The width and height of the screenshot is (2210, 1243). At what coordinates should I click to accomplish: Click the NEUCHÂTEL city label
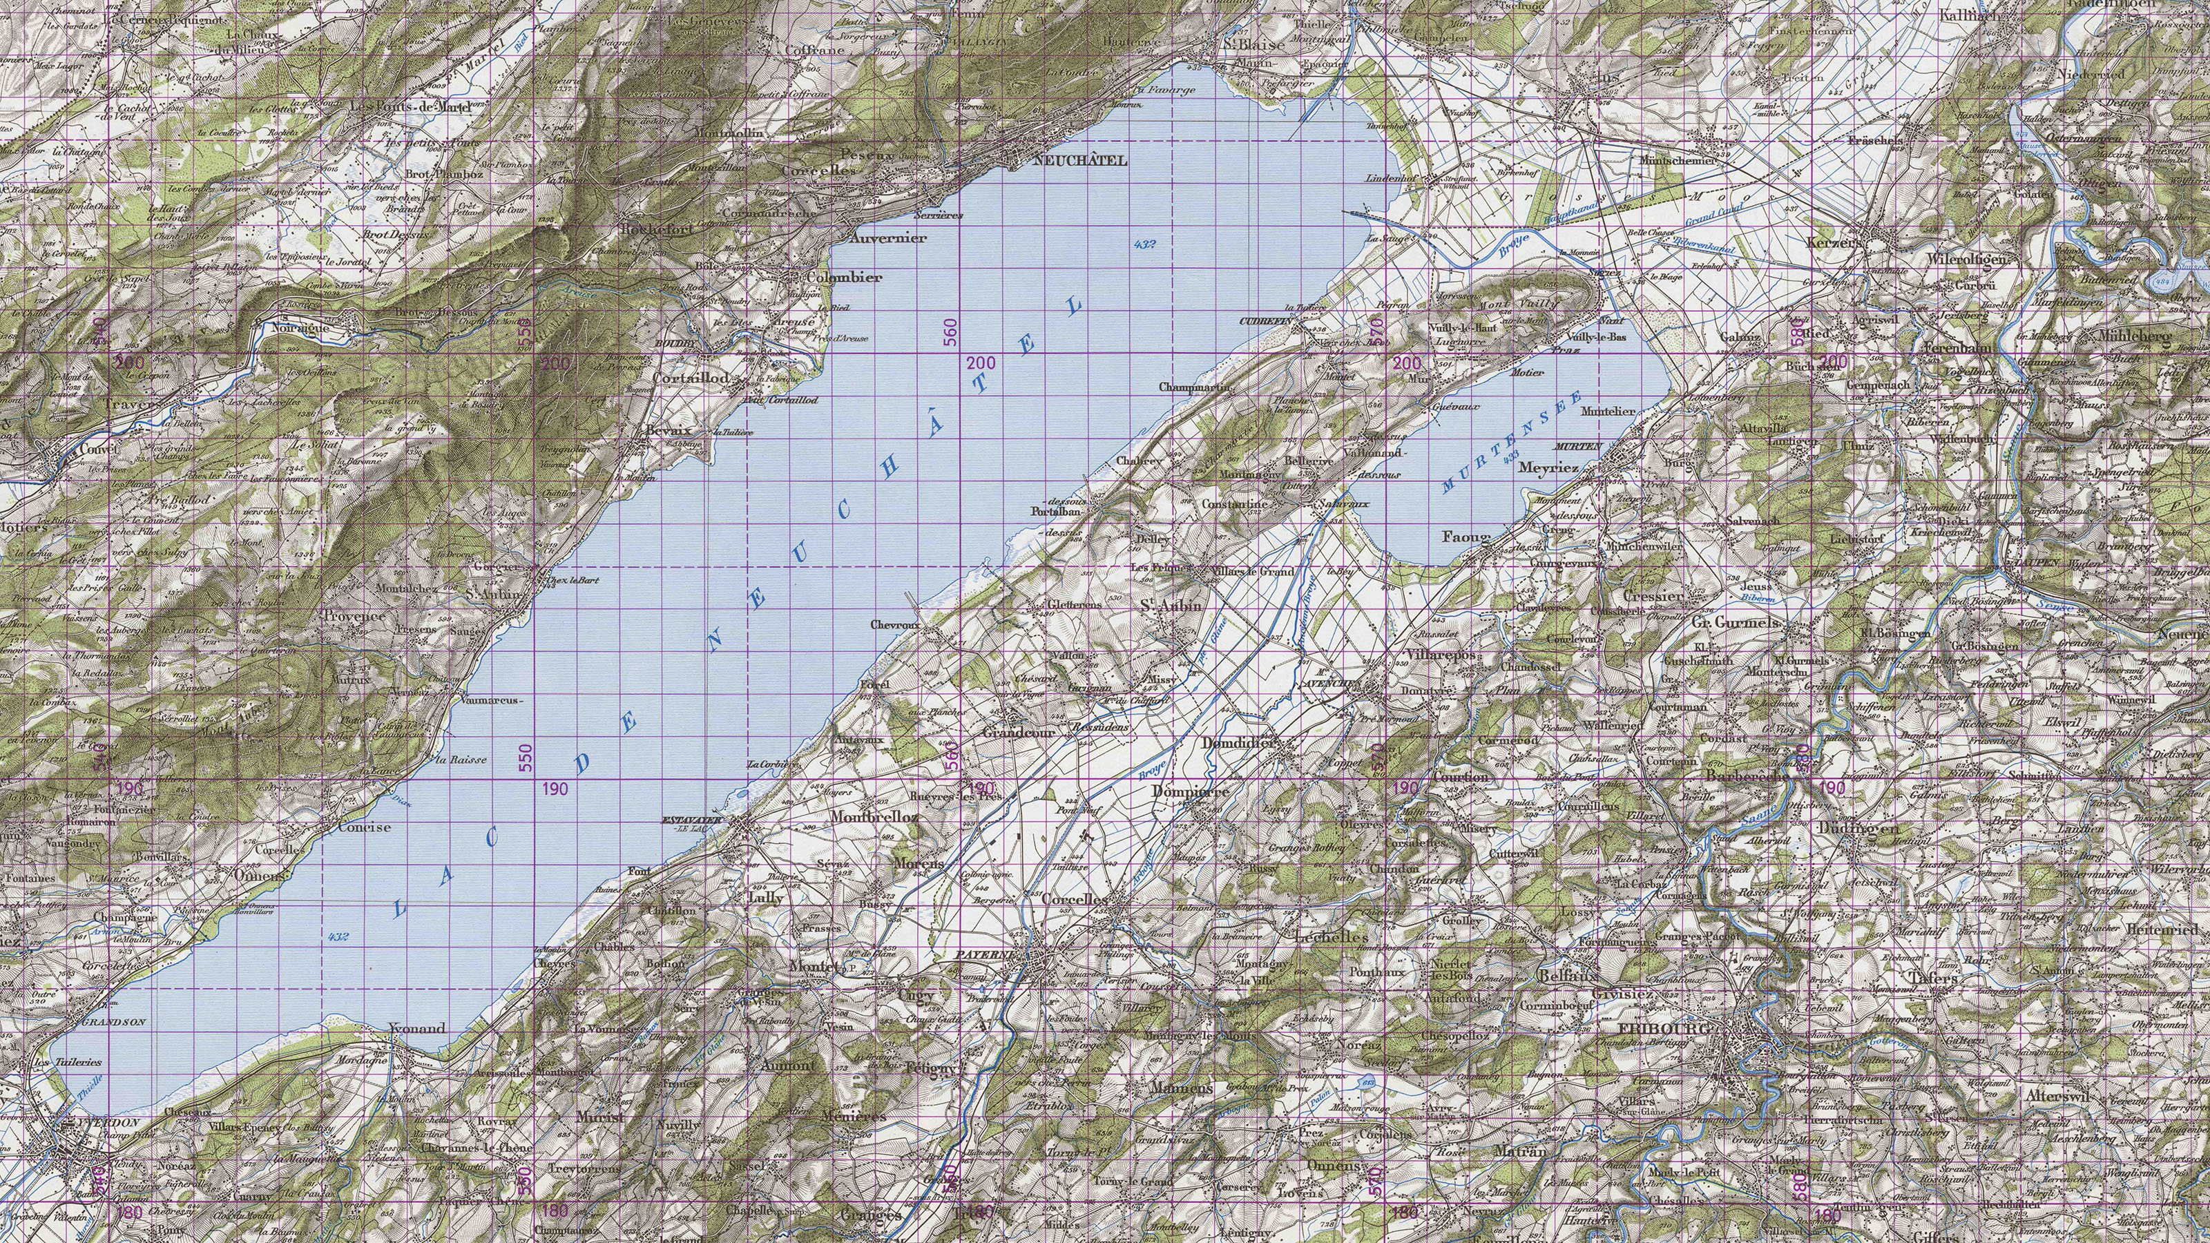1081,160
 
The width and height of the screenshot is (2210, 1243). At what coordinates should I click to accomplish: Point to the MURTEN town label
1577,447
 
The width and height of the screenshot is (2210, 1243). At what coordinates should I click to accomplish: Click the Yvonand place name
417,1028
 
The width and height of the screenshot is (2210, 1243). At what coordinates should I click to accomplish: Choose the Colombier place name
844,278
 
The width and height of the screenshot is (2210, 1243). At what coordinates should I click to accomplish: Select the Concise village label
364,827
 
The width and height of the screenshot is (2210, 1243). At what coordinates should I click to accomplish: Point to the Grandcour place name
1017,733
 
